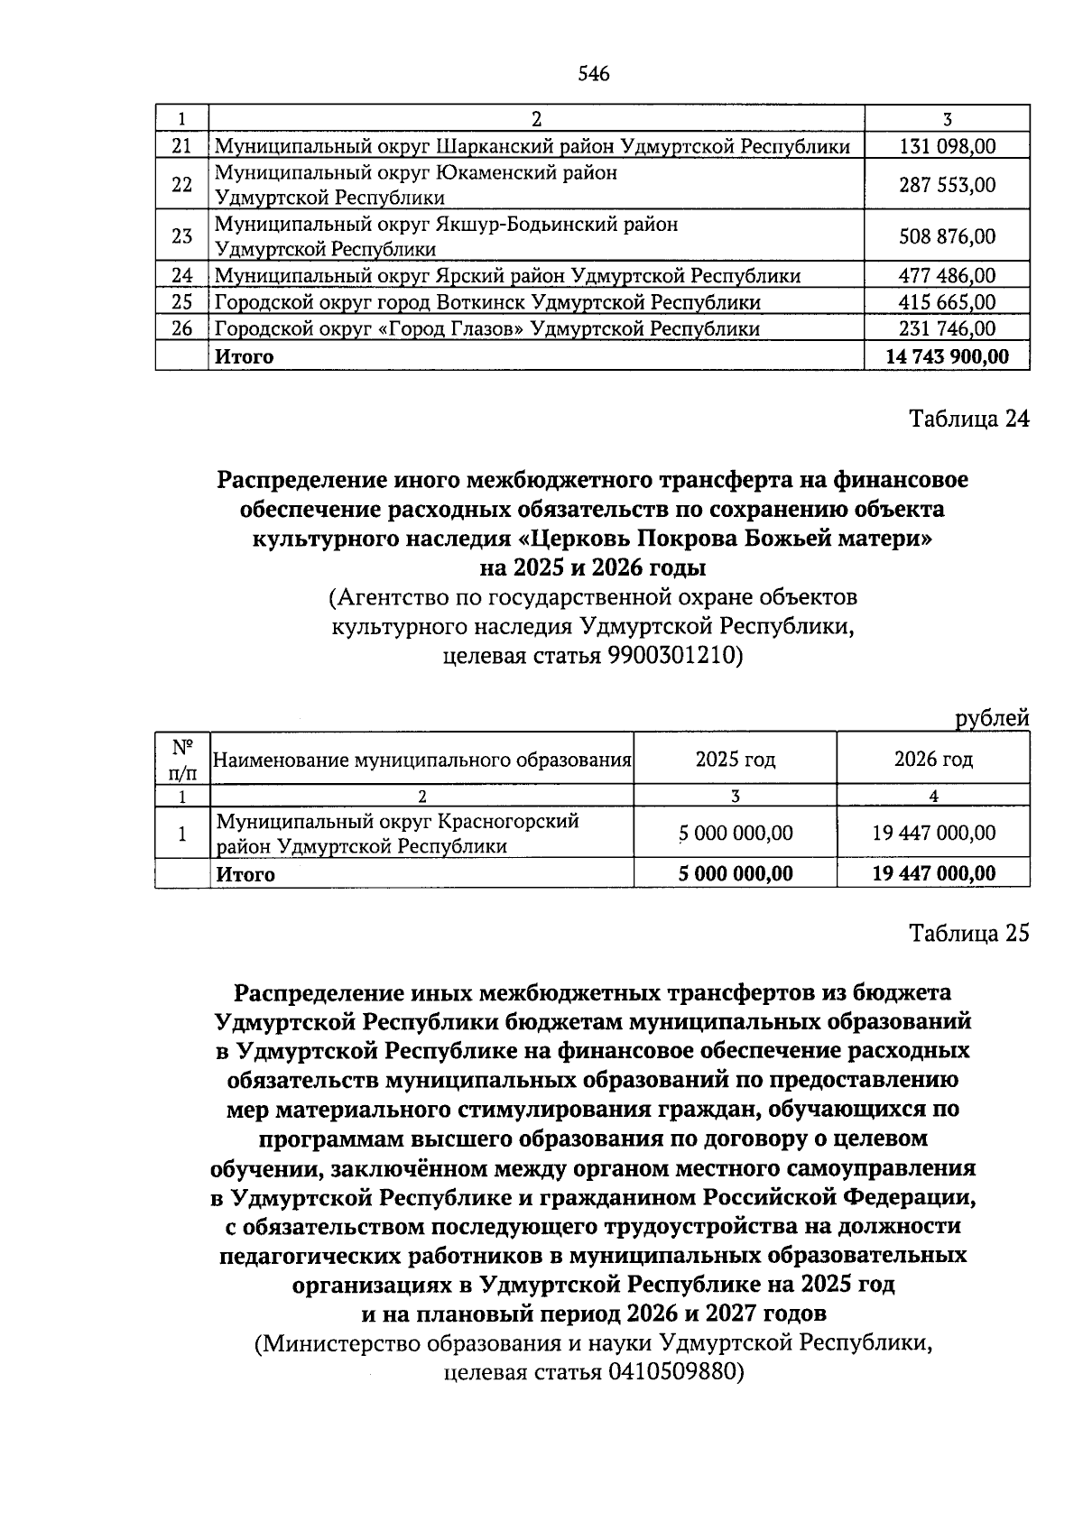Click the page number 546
point(593,74)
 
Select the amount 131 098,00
point(947,146)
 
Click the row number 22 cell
point(181,185)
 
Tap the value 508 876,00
point(947,236)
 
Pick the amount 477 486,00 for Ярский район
point(947,276)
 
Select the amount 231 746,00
point(947,329)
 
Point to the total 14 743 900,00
point(947,356)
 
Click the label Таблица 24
point(968,419)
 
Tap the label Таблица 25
point(968,933)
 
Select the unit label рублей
point(992,719)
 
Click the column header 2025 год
point(735,760)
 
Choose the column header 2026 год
point(933,760)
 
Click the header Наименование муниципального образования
point(421,760)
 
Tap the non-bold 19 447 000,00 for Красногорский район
point(933,834)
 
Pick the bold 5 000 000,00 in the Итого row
point(735,873)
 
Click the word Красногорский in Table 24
point(508,822)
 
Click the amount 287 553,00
point(947,185)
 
